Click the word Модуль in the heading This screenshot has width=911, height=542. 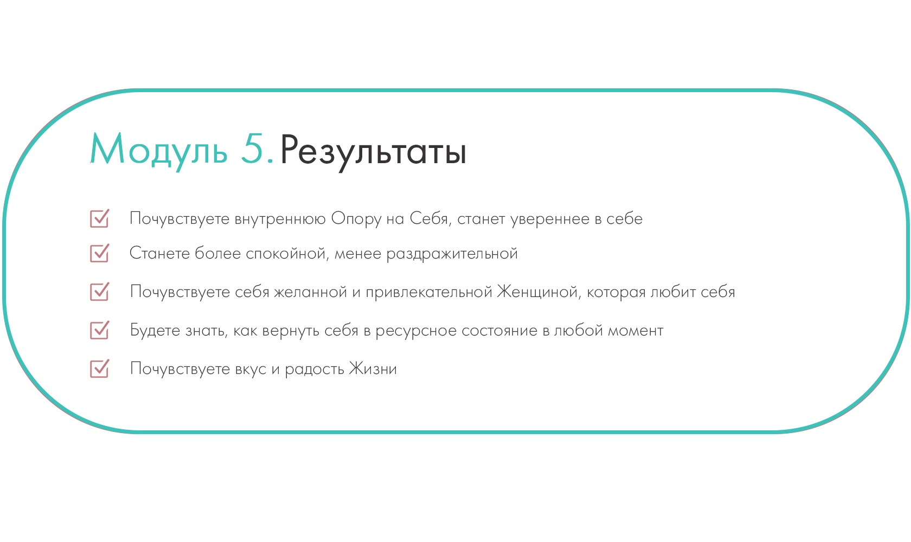click(x=158, y=150)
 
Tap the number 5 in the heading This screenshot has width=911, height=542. click(x=253, y=149)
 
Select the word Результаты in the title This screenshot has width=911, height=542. click(x=373, y=151)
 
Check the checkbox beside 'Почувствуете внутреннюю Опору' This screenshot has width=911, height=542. click(x=100, y=218)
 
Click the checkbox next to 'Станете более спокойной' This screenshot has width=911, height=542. click(x=100, y=253)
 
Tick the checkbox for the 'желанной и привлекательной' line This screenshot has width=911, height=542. click(x=100, y=292)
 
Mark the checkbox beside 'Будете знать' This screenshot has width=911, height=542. click(x=100, y=330)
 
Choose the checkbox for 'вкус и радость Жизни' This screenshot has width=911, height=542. click(x=100, y=369)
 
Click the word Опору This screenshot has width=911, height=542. click(x=356, y=220)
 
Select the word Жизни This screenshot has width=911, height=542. click(x=373, y=369)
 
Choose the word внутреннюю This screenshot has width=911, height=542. click(x=280, y=219)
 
